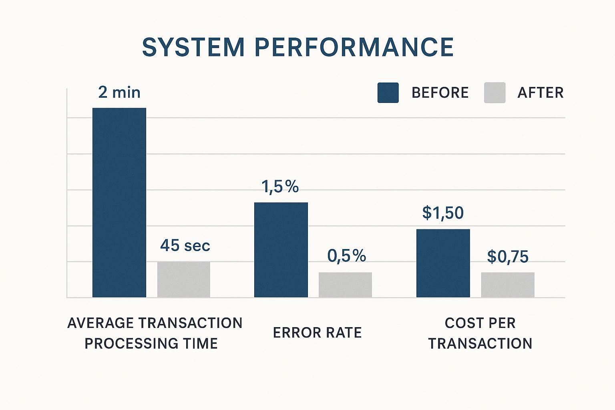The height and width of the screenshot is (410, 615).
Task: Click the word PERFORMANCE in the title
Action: tap(354, 47)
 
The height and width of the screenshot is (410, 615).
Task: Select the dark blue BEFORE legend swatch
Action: tap(388, 93)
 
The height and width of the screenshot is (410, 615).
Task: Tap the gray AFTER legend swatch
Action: tap(494, 93)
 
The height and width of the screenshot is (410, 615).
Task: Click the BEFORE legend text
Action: tap(440, 93)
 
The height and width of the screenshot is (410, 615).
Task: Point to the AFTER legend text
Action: tap(541, 93)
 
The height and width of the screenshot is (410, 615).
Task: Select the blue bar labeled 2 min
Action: tap(119, 203)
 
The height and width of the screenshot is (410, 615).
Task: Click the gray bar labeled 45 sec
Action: tap(184, 279)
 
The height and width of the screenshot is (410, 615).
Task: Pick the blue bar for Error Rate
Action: tap(281, 250)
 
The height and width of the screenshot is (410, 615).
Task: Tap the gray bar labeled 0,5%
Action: tap(345, 285)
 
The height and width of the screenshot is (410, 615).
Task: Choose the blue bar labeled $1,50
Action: tap(443, 263)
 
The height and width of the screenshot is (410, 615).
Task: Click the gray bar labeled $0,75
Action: tap(508, 285)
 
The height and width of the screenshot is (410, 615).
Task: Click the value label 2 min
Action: tap(119, 92)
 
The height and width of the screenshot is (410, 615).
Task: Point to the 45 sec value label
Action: tap(185, 245)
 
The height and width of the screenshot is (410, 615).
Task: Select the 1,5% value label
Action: tap(280, 187)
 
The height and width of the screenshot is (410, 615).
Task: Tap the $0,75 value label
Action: tap(508, 257)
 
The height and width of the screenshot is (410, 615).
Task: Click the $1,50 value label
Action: tap(443, 213)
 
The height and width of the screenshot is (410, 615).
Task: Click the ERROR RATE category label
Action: tap(317, 333)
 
